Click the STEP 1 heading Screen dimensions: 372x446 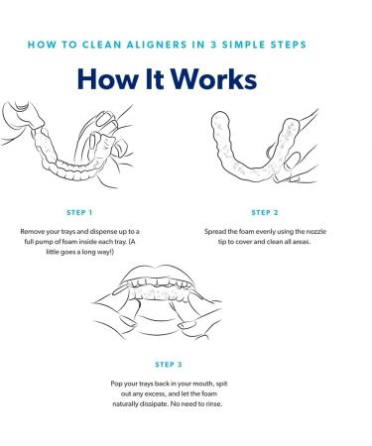[79, 212]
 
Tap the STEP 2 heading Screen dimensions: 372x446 [265, 212]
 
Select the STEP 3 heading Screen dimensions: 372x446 [169, 365]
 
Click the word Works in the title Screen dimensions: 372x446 [213, 79]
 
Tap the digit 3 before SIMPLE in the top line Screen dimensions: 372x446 [213, 45]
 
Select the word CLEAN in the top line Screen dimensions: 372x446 [101, 45]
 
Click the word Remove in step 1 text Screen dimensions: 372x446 [32, 232]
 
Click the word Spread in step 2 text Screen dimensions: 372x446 [215, 232]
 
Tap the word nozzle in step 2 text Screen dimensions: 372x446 [316, 232]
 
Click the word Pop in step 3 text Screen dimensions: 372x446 [116, 384]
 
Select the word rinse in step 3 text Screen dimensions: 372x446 [214, 404]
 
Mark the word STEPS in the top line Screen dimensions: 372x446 [289, 45]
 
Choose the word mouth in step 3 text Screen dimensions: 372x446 [205, 384]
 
